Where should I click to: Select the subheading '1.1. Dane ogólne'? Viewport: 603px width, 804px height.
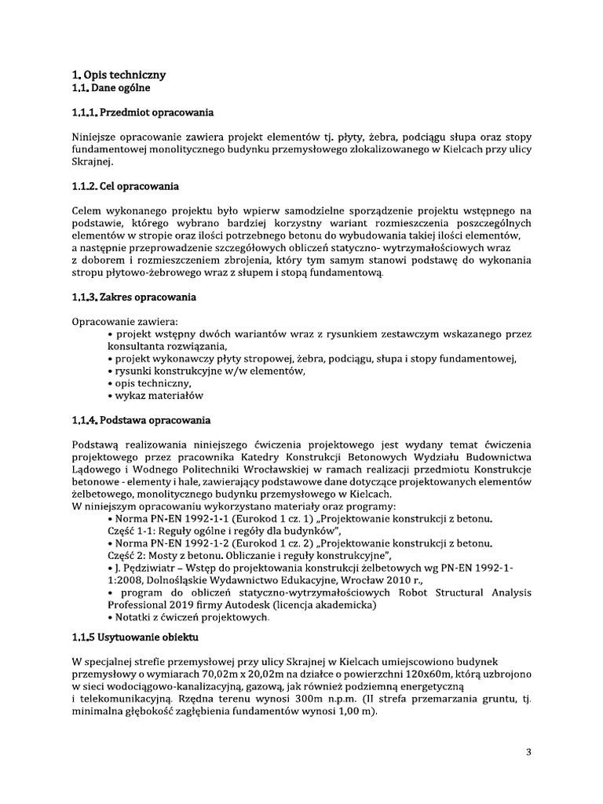[x=106, y=88]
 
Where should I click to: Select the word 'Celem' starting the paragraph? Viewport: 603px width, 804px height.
[x=86, y=210]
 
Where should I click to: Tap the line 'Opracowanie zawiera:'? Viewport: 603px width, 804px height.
[x=125, y=322]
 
